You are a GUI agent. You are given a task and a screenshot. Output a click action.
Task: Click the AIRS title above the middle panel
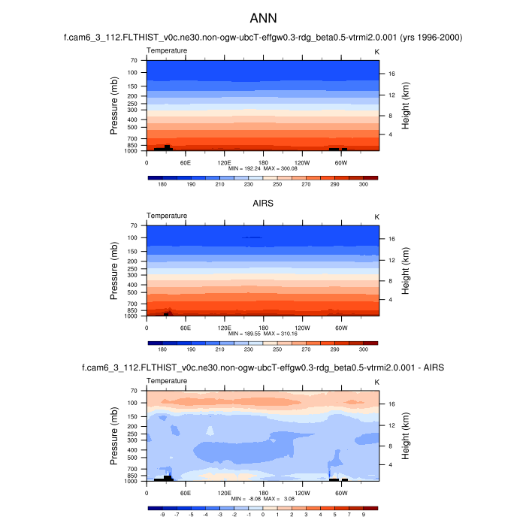(x=262, y=202)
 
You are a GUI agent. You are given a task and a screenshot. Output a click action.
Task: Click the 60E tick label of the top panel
(x=185, y=162)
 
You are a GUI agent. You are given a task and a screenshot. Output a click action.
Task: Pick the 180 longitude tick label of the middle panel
(x=263, y=327)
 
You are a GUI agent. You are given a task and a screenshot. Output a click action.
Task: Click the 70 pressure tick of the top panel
(x=133, y=60)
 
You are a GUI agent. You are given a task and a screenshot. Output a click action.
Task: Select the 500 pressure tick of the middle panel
(x=132, y=292)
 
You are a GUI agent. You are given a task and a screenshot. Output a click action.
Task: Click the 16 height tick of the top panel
(x=391, y=74)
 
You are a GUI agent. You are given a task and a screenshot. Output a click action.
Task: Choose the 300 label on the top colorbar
(x=363, y=184)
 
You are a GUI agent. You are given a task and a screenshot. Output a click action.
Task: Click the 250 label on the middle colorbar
(x=277, y=349)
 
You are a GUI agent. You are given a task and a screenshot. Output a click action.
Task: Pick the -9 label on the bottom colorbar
(x=162, y=515)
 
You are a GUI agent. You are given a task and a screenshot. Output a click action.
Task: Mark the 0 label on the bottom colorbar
(x=262, y=515)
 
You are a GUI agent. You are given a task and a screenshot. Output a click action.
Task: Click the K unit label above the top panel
(x=376, y=50)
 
